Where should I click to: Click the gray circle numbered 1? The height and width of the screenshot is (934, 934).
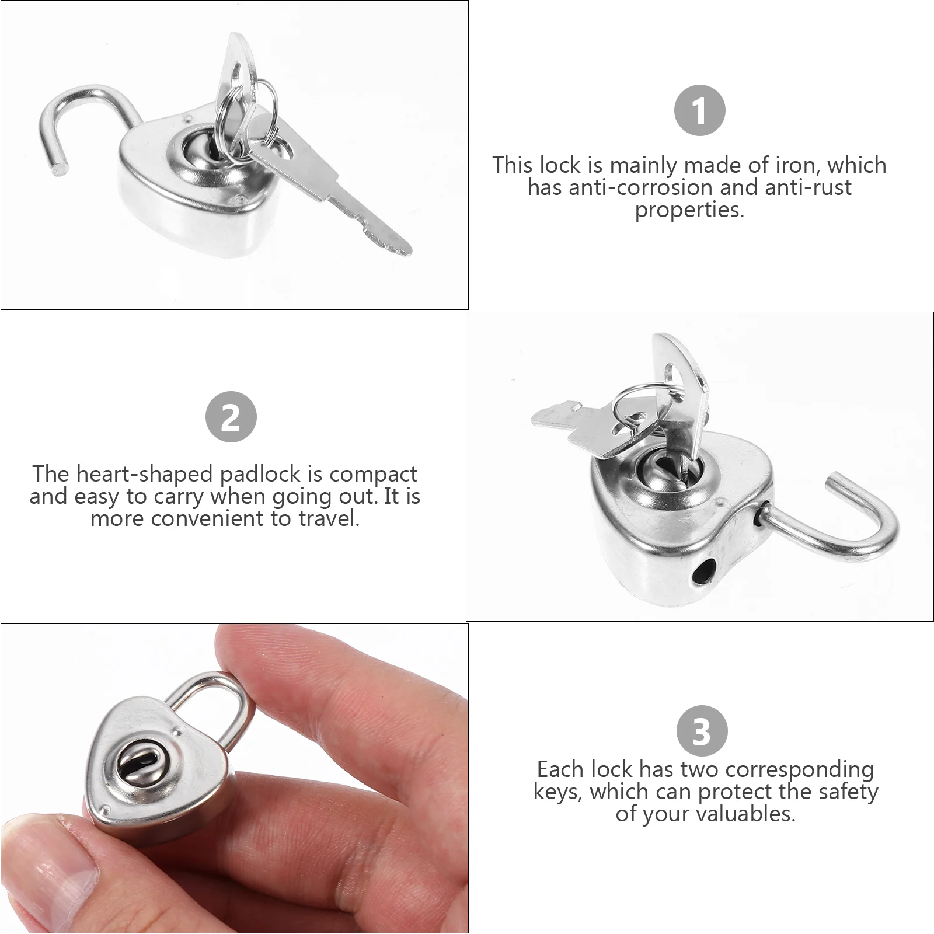click(699, 110)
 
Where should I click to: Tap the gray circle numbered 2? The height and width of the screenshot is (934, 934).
click(231, 417)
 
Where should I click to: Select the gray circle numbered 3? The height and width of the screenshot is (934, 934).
click(702, 731)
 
